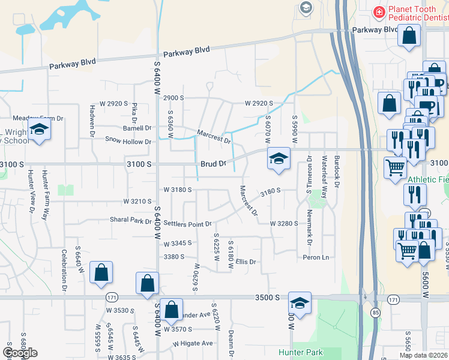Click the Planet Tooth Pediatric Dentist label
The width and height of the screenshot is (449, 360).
pos(417,14)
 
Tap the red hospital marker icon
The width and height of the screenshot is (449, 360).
pos(379,12)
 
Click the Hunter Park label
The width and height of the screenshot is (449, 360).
pos(301,352)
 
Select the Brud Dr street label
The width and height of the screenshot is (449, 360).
pos(213,163)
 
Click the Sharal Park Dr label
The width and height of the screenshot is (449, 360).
pos(130,221)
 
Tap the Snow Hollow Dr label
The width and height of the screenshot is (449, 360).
pos(128,142)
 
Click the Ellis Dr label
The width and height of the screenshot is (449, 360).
pos(246,262)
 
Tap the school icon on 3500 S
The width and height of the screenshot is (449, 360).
pos(300,302)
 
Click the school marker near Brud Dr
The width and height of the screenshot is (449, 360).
pos(279,158)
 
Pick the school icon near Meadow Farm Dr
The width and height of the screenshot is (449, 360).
pos(40,130)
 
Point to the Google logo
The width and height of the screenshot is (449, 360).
pos(20,353)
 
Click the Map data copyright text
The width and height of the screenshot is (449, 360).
pos(423,355)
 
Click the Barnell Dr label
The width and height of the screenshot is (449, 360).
pos(137,128)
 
